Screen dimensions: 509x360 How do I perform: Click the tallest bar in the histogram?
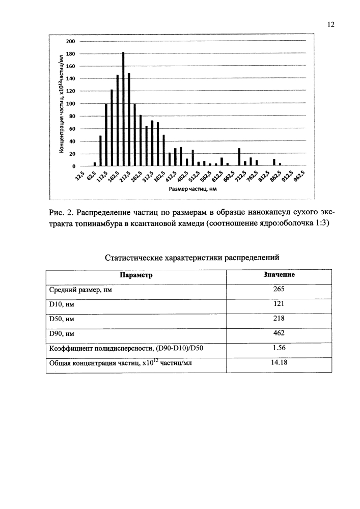tap(123, 109)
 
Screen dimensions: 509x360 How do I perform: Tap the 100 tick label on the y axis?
tap(71, 104)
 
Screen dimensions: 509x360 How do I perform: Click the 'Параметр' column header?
tap(136, 275)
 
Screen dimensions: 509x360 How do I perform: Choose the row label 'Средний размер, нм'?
tap(80, 290)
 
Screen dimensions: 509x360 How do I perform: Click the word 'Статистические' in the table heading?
tap(133, 258)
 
